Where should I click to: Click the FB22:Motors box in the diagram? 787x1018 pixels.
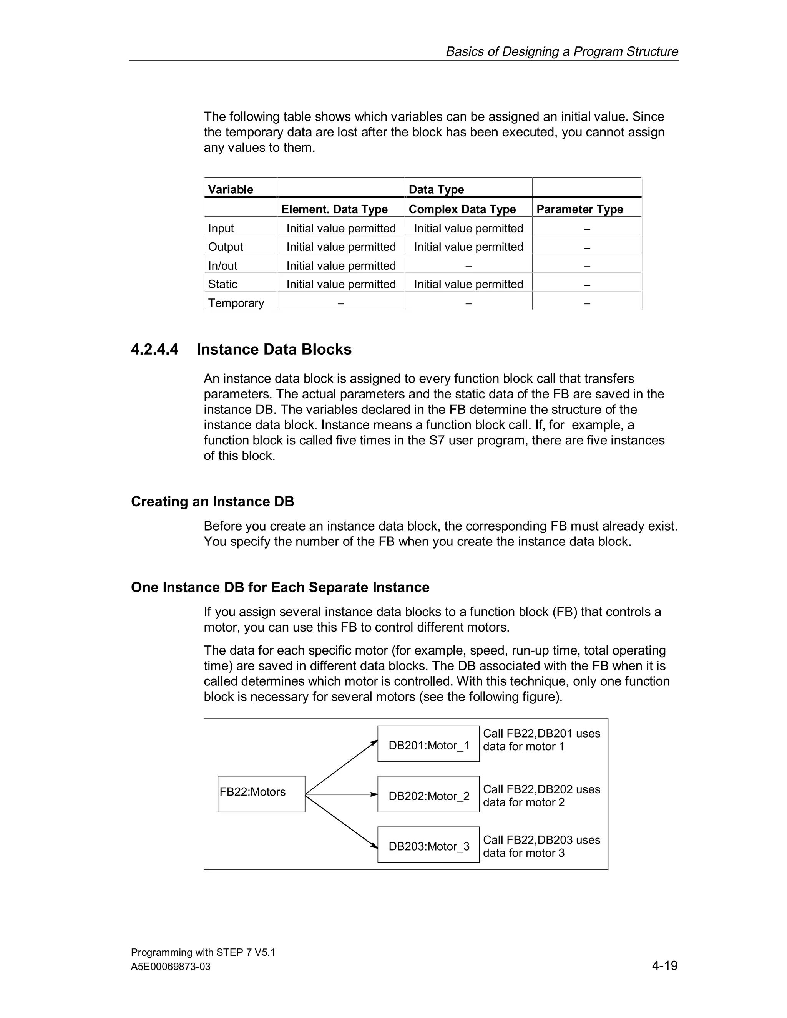click(x=261, y=794)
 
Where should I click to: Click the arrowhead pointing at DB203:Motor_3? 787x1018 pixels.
click(x=374, y=846)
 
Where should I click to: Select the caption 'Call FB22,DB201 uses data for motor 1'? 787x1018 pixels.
click(x=541, y=740)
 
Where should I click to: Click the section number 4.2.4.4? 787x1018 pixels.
click(x=154, y=349)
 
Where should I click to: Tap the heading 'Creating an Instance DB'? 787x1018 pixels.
click(x=213, y=502)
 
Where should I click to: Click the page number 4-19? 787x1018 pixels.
click(x=664, y=965)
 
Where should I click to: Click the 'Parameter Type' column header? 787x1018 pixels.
click(x=579, y=209)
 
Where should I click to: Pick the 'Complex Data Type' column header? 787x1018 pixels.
click(x=462, y=209)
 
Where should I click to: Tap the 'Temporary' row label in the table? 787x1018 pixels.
click(x=236, y=303)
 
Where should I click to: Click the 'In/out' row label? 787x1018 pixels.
click(x=222, y=266)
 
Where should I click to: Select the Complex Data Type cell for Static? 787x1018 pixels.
click(x=468, y=284)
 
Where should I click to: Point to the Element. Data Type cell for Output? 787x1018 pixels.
click(x=341, y=247)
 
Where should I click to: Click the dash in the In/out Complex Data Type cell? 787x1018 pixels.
click(x=468, y=266)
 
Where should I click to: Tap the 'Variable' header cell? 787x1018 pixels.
click(x=230, y=189)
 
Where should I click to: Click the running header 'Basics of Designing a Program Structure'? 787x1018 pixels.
click(x=562, y=51)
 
